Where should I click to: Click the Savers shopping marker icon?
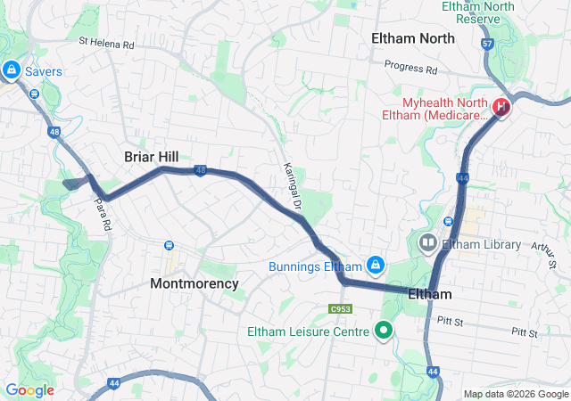[x=11, y=70]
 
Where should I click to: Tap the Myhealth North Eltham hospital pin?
[x=501, y=108]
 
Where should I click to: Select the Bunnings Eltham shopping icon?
[x=376, y=266]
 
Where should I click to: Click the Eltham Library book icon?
[x=428, y=242]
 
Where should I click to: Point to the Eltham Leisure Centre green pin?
[x=385, y=331]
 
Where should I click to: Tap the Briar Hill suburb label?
[x=152, y=156]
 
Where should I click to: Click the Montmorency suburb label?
[x=194, y=283]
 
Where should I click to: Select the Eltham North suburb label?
[x=413, y=38]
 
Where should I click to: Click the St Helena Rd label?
[x=106, y=41]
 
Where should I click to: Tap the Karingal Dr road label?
[x=292, y=180]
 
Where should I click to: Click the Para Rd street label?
[x=100, y=214]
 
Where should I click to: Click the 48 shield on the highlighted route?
[x=201, y=170]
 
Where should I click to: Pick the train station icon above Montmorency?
[x=168, y=245]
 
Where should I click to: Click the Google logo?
[x=29, y=389]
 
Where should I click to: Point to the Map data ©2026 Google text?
[x=515, y=394]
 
